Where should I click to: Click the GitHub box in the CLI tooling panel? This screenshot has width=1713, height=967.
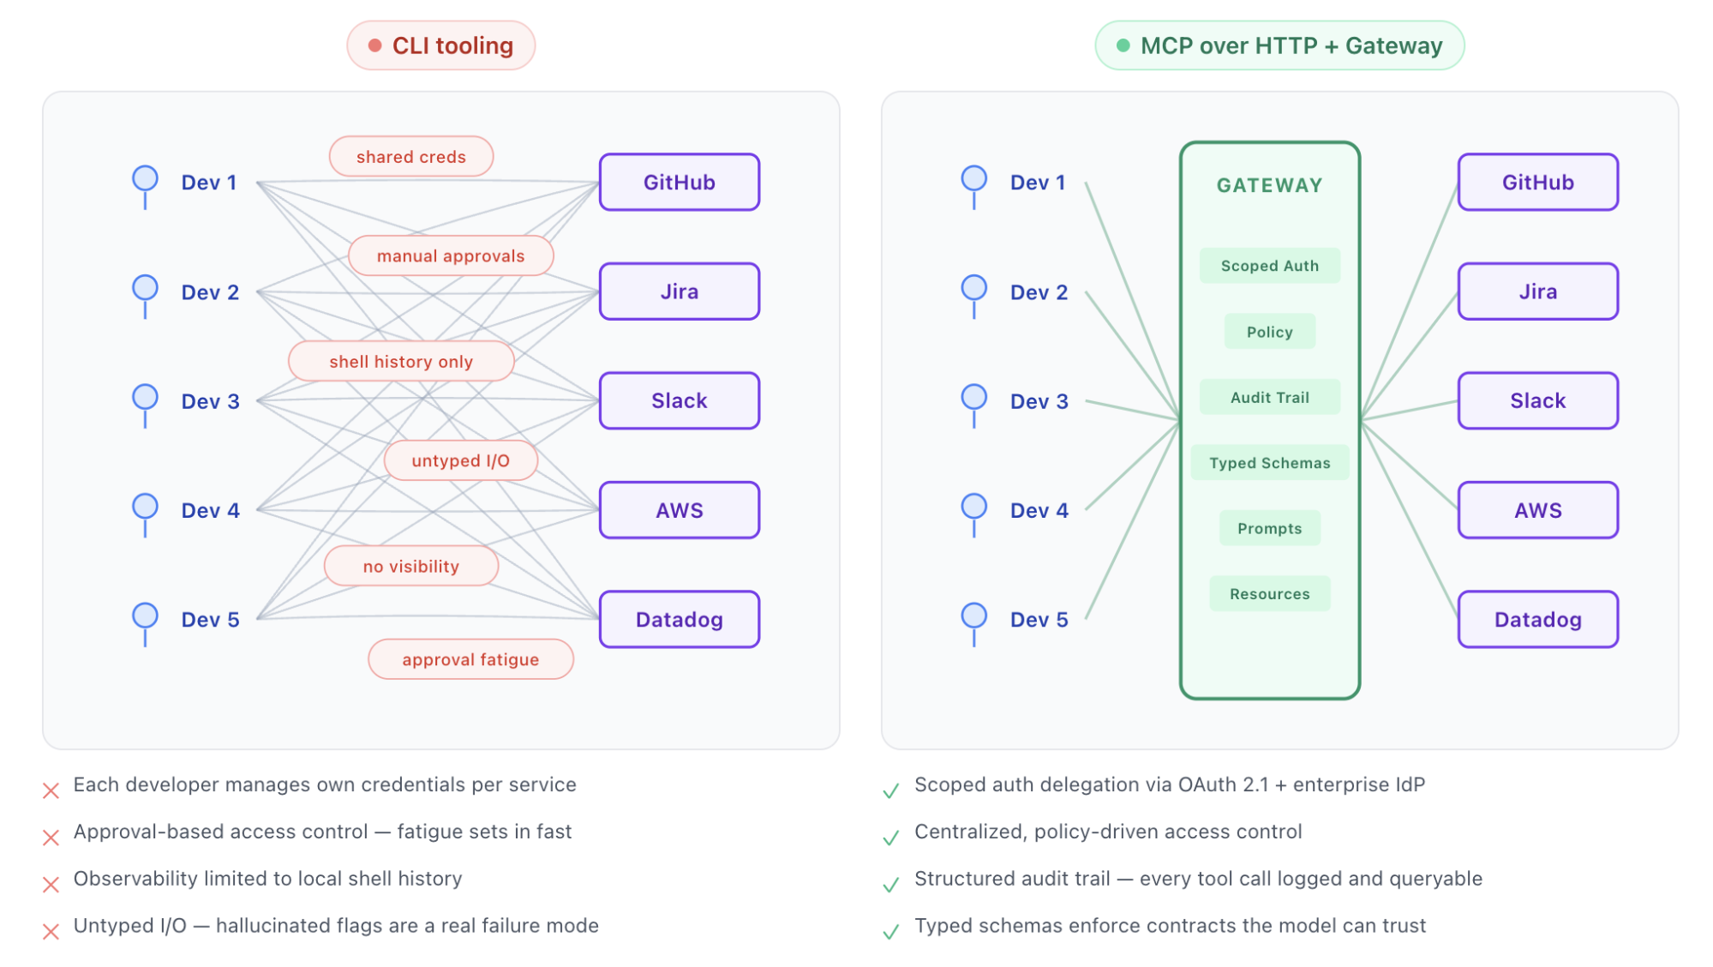[x=679, y=182]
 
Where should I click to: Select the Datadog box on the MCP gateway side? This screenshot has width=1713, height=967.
[x=1537, y=619]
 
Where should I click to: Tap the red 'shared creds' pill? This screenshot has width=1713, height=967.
[x=410, y=157]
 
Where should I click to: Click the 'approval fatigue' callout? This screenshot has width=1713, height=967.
[x=470, y=659]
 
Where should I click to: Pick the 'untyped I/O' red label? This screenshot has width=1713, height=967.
[x=460, y=460]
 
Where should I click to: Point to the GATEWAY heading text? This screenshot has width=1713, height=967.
[x=1269, y=185]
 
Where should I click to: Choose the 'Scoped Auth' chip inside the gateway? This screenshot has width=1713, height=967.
[x=1269, y=266]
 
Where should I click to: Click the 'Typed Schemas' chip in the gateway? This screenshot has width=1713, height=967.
[x=1269, y=463]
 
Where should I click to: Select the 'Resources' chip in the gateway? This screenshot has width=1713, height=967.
[x=1269, y=594]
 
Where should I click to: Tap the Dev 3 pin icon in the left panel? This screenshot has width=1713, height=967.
[x=145, y=398]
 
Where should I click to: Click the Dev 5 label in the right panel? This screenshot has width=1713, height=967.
[x=1039, y=620]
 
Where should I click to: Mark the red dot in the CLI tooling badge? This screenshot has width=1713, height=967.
[x=374, y=45]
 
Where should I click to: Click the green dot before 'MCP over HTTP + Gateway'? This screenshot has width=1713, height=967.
[x=1123, y=45]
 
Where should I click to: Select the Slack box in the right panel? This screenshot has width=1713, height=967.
[x=1537, y=400]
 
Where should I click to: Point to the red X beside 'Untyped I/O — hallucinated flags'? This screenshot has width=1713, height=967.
[x=51, y=932]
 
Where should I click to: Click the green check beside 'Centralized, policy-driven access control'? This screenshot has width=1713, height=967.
[x=891, y=838]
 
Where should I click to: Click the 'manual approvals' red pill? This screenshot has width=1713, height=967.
[x=451, y=255]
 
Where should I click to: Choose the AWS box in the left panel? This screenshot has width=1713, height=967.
[x=679, y=510]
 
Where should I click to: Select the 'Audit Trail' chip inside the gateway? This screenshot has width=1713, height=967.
[x=1269, y=397]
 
